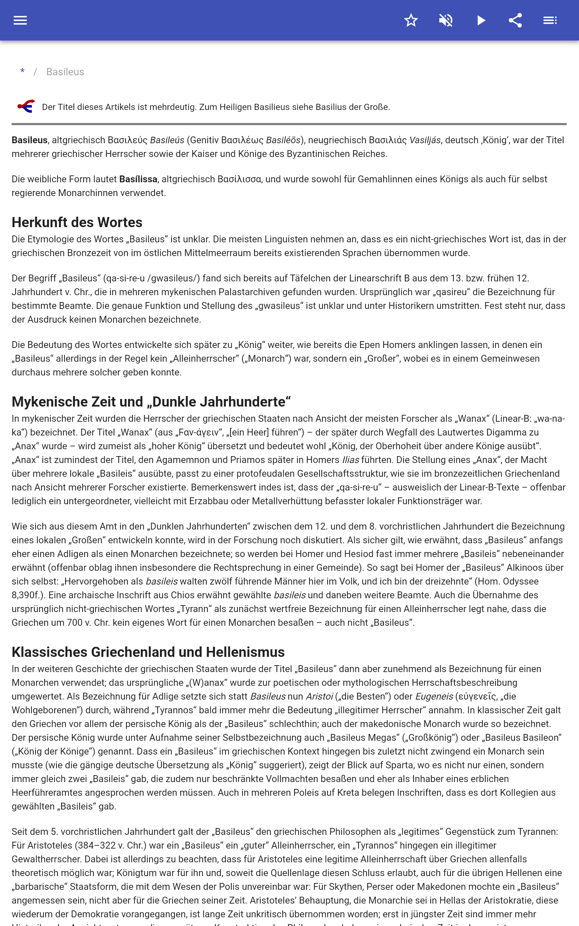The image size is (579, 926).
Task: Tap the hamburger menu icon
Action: [20, 20]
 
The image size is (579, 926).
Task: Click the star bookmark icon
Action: [411, 20]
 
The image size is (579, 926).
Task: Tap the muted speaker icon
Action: [446, 20]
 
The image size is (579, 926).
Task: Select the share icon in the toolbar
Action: [515, 20]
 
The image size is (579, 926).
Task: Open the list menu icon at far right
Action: [550, 20]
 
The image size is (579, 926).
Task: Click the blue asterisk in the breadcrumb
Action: [22, 72]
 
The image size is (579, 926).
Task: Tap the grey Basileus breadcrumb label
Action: [65, 72]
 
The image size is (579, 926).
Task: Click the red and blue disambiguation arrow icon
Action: [26, 106]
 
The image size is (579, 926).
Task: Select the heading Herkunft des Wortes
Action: [77, 222]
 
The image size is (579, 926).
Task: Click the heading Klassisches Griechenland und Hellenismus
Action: [148, 652]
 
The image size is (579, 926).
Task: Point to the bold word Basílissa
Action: [138, 179]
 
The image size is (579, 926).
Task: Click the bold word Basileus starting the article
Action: [29, 140]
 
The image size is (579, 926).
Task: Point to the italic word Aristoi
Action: [320, 696]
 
